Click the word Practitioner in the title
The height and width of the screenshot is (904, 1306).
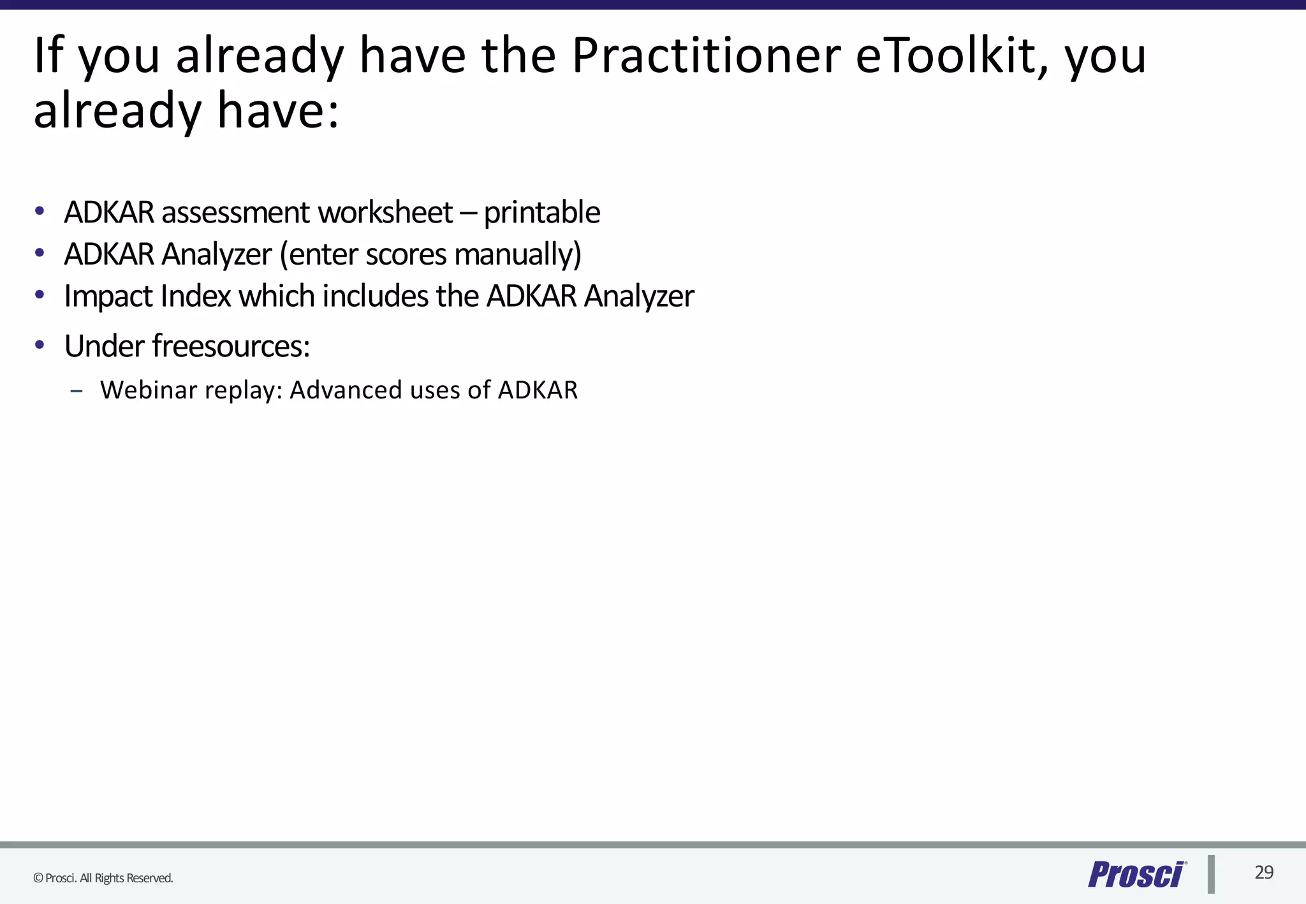(706, 56)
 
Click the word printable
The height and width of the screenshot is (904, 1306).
(541, 214)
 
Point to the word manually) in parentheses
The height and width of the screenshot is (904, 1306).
(518, 255)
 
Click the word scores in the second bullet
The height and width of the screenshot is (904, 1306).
(406, 255)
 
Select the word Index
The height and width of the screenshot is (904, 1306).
(196, 296)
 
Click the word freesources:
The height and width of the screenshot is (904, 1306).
(231, 346)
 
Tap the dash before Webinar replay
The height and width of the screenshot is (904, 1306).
(77, 391)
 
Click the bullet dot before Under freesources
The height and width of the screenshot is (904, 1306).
(40, 345)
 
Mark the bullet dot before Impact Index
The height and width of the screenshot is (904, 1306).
(40, 295)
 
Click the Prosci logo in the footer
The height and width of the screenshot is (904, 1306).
(1136, 874)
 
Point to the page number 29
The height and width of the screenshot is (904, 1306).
(1264, 872)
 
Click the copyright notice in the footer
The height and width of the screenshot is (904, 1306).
(103, 878)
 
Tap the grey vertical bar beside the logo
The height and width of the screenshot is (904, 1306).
(1211, 874)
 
